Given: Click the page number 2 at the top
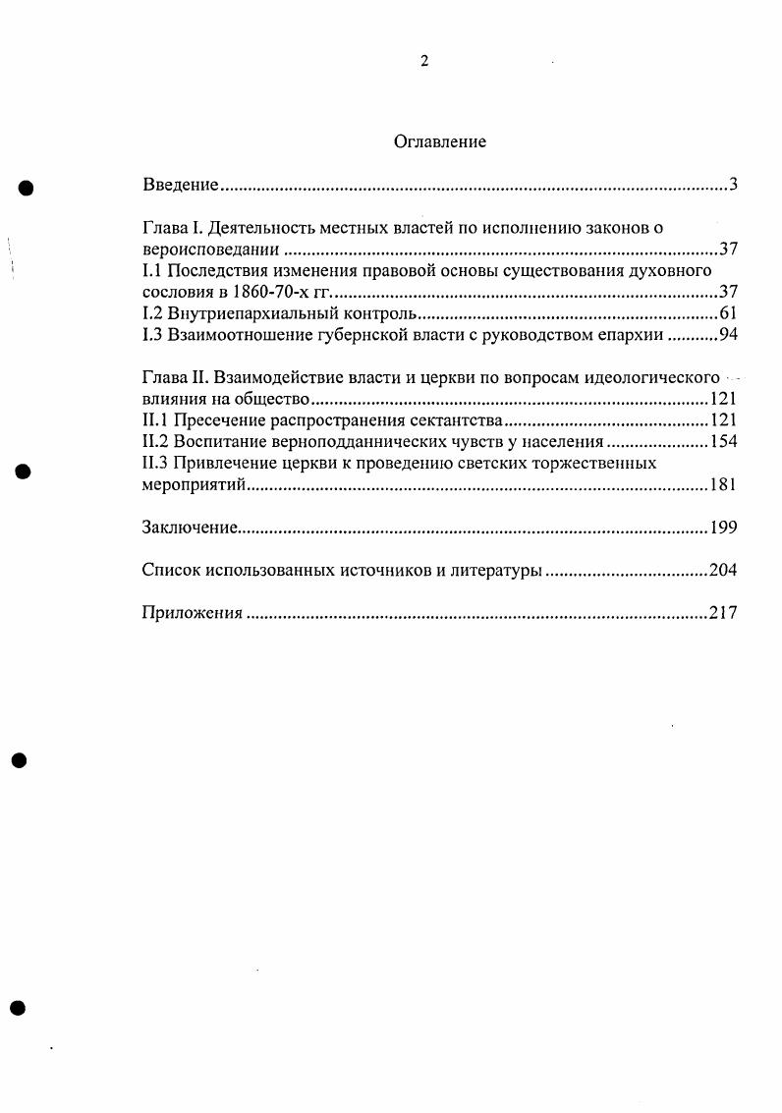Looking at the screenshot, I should coord(423,61).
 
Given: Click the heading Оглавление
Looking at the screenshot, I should coord(439,141).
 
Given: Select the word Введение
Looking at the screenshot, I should coord(180,185).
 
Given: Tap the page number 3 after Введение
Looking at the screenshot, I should coord(733,185).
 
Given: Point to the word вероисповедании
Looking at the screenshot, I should coord(203,250).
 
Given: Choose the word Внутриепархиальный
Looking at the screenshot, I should coord(249,314).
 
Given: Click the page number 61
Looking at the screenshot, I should coord(728,314).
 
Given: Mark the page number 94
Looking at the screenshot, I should coord(728,336).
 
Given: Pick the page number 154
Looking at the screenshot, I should coord(723,442).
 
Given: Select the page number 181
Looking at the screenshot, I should coord(723,485).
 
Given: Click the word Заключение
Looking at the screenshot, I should coord(190,528).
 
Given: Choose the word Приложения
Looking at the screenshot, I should coord(192,613).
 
